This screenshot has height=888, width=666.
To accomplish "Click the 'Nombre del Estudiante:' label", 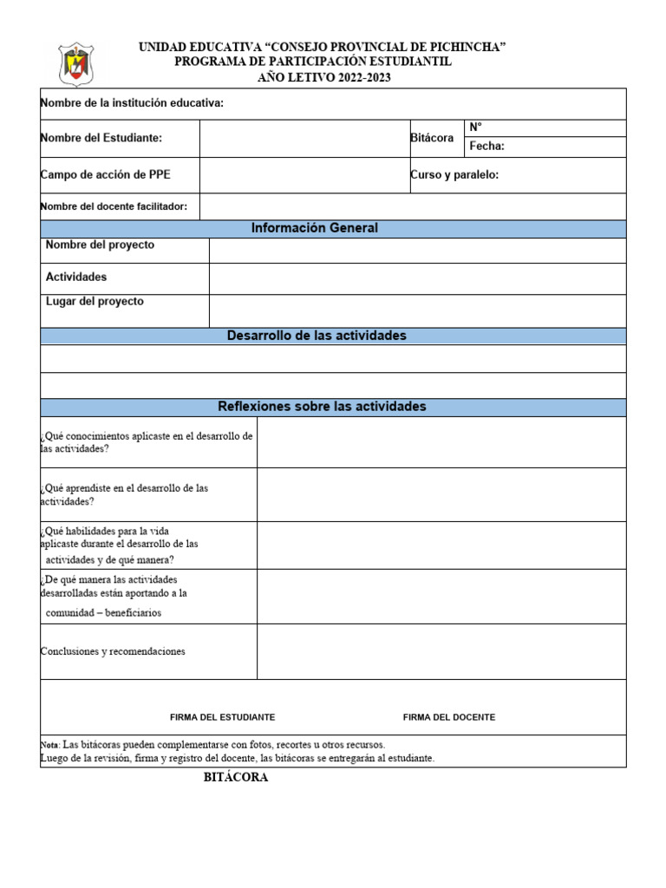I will [101, 138].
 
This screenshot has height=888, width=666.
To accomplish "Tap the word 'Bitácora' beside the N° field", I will [432, 139].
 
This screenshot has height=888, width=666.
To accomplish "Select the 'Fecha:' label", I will [486, 147].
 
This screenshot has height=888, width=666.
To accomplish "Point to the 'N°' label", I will [475, 127].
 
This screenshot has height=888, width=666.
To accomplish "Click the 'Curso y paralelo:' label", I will [454, 175].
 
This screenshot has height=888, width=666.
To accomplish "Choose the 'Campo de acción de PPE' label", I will [106, 175].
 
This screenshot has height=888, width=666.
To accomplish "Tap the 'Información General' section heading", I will [315, 229].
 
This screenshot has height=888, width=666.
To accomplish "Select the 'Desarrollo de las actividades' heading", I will [317, 336].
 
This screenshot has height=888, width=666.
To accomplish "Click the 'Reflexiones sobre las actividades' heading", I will [322, 407].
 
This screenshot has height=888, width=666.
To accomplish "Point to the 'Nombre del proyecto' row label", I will [100, 245].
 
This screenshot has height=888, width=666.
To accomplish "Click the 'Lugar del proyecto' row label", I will [95, 302].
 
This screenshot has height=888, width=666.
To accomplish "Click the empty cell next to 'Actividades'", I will [416, 278].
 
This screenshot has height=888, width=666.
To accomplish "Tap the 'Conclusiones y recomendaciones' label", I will [113, 651].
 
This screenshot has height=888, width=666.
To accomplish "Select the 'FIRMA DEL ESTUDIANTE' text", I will [223, 717].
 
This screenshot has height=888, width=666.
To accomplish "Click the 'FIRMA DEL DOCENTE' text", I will [449, 717].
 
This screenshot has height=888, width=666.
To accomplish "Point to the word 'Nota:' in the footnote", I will [50, 745].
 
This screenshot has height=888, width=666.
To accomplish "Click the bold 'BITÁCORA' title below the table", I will [236, 778].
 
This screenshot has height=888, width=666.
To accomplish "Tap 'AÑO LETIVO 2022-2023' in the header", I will [324, 78].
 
